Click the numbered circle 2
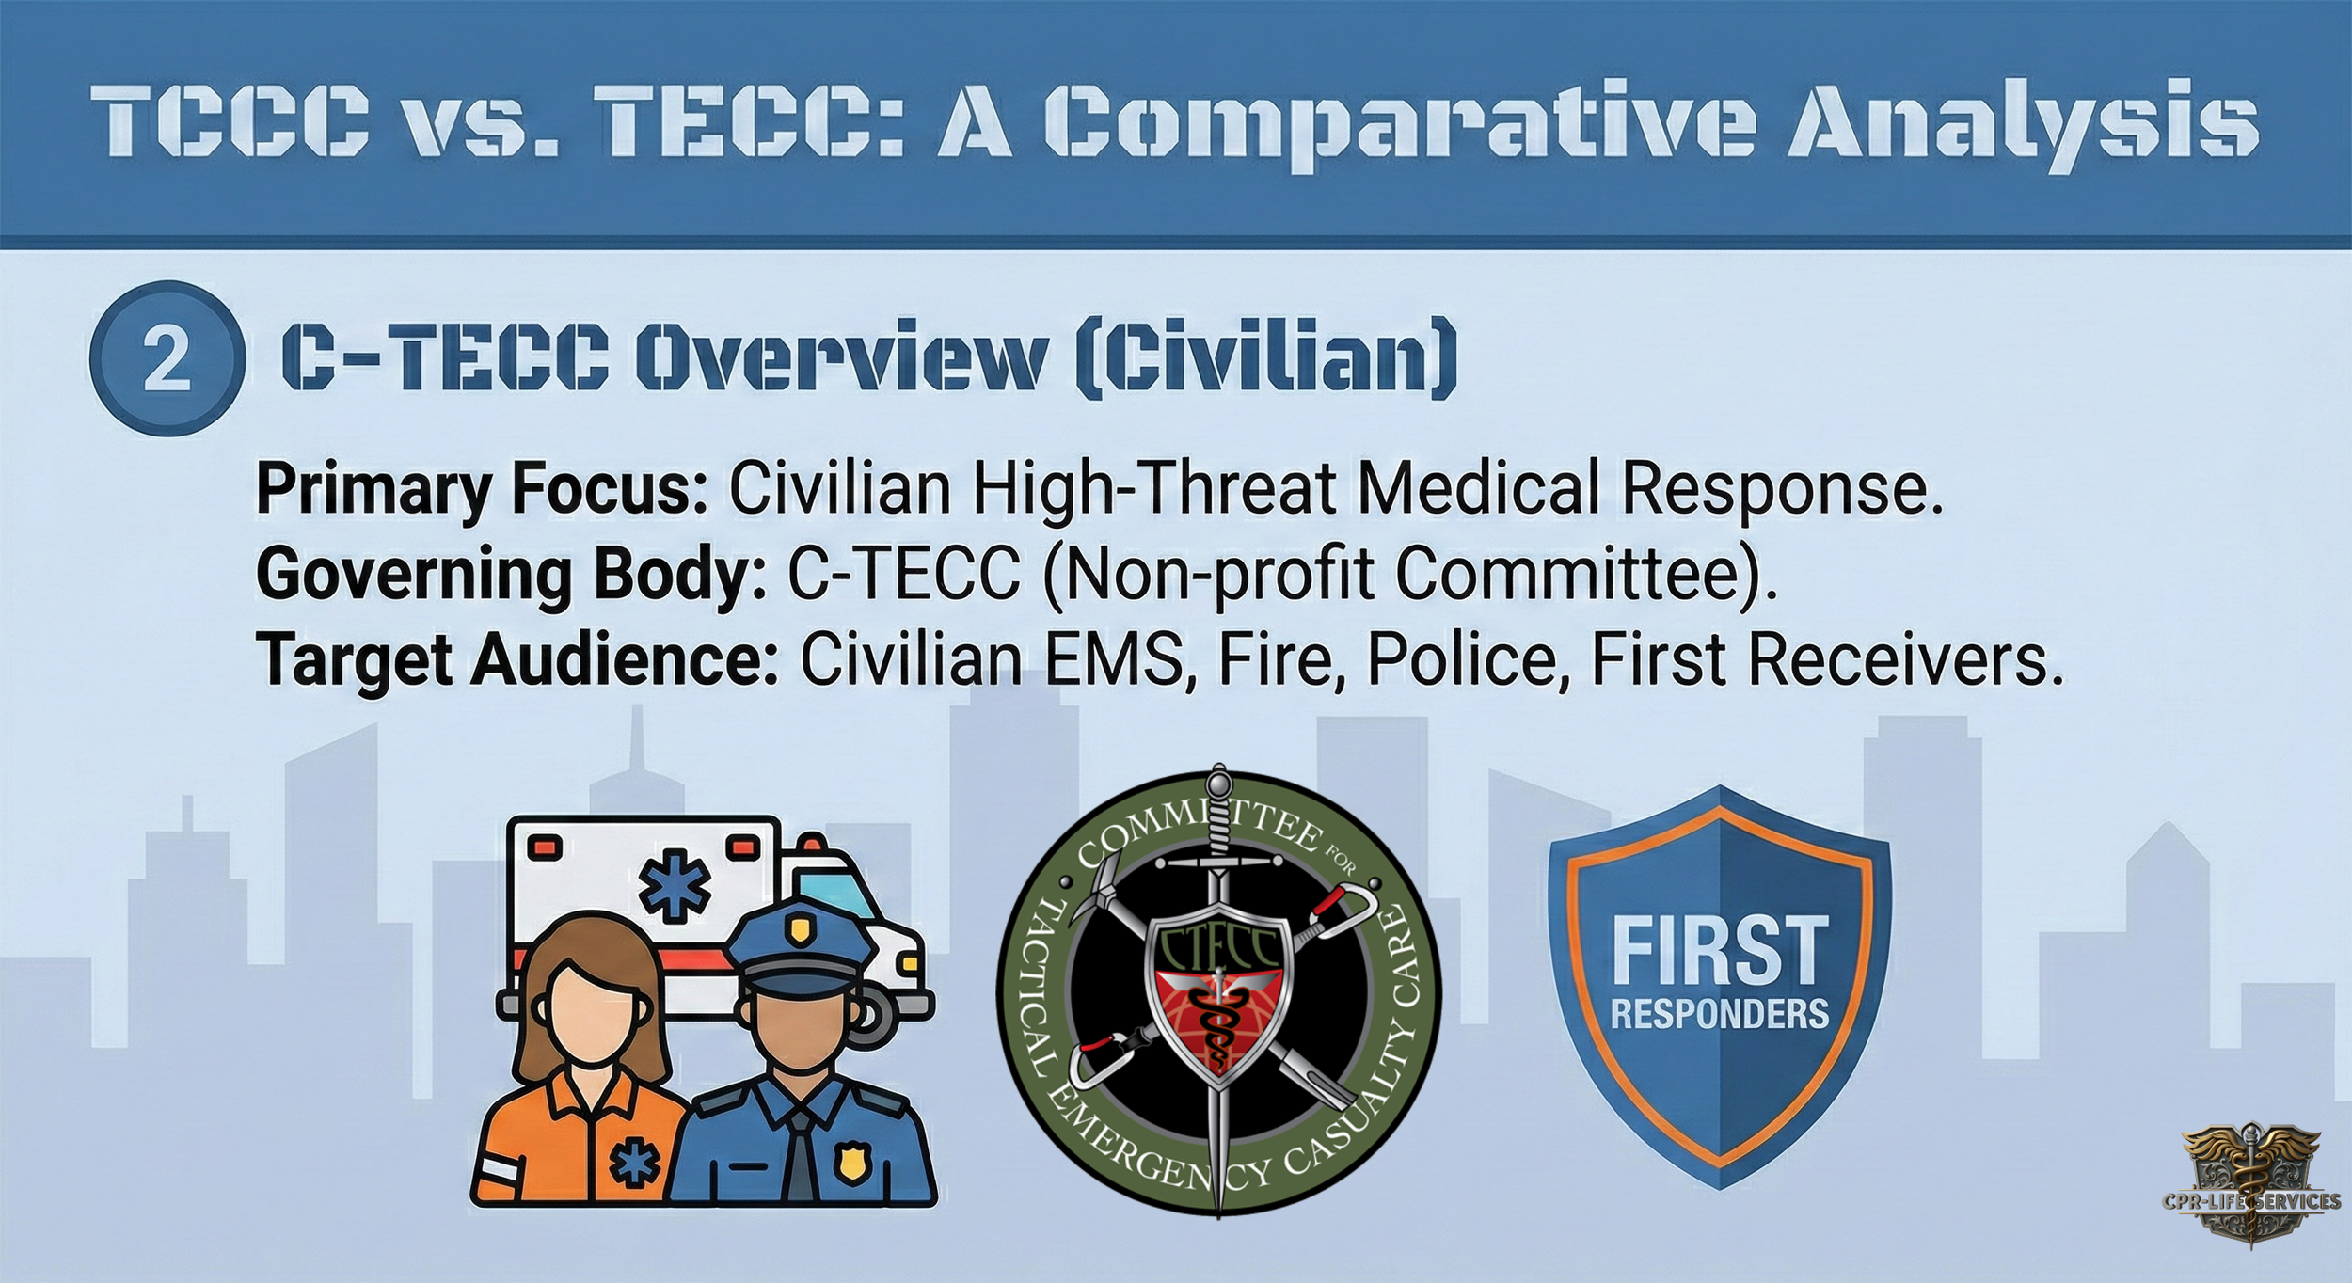coord(167,361)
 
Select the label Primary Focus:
coord(481,489)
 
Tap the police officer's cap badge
coord(799,932)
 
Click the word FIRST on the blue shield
coord(1720,950)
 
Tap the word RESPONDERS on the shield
coord(1720,1013)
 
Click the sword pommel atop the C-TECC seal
coord(1219,780)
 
